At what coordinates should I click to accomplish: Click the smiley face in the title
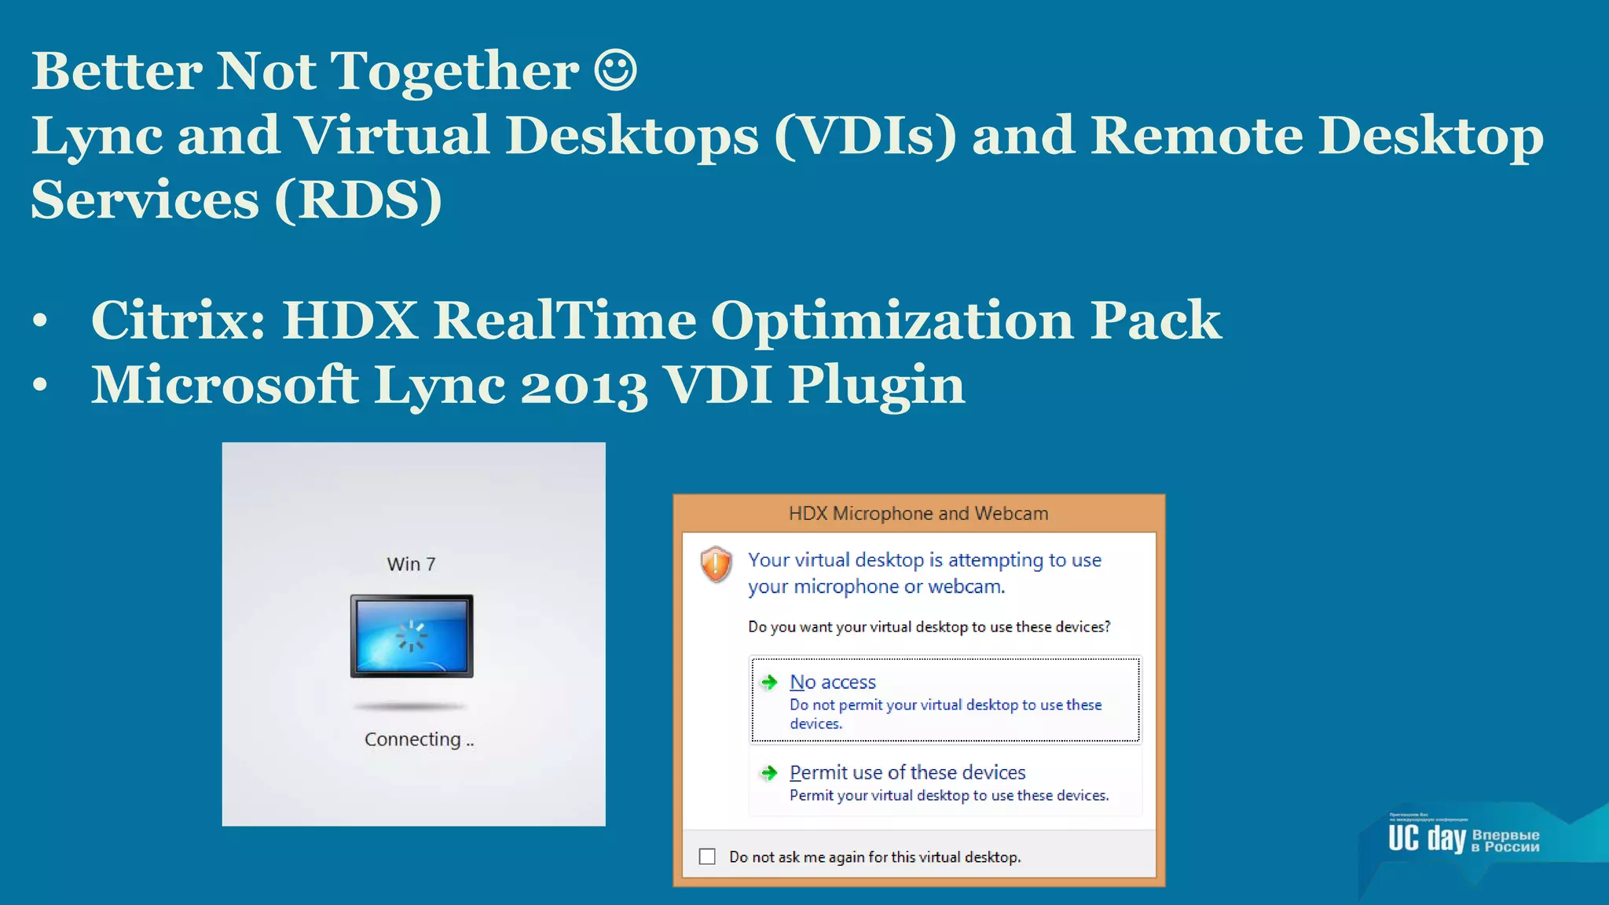[x=614, y=71]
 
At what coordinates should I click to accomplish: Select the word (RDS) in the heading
[x=358, y=200]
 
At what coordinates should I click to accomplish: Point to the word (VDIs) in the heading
[x=865, y=135]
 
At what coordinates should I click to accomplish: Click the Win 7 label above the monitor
[x=411, y=564]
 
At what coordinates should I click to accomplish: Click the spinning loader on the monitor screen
[x=411, y=636]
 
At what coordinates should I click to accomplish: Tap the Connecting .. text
[x=419, y=739]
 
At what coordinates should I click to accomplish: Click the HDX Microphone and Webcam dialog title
[x=918, y=514]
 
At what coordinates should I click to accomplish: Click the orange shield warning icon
[x=716, y=564]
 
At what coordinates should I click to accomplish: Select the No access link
[x=832, y=682]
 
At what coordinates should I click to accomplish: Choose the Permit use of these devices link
[x=907, y=772]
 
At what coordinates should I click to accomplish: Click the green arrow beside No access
[x=769, y=682]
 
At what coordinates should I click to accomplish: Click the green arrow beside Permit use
[x=769, y=773]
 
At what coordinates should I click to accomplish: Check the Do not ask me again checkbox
[x=707, y=856]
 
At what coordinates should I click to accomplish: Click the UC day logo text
[x=1426, y=838]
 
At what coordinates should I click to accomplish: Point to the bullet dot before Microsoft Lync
[x=41, y=386]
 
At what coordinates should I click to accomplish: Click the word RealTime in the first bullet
[x=564, y=321]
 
